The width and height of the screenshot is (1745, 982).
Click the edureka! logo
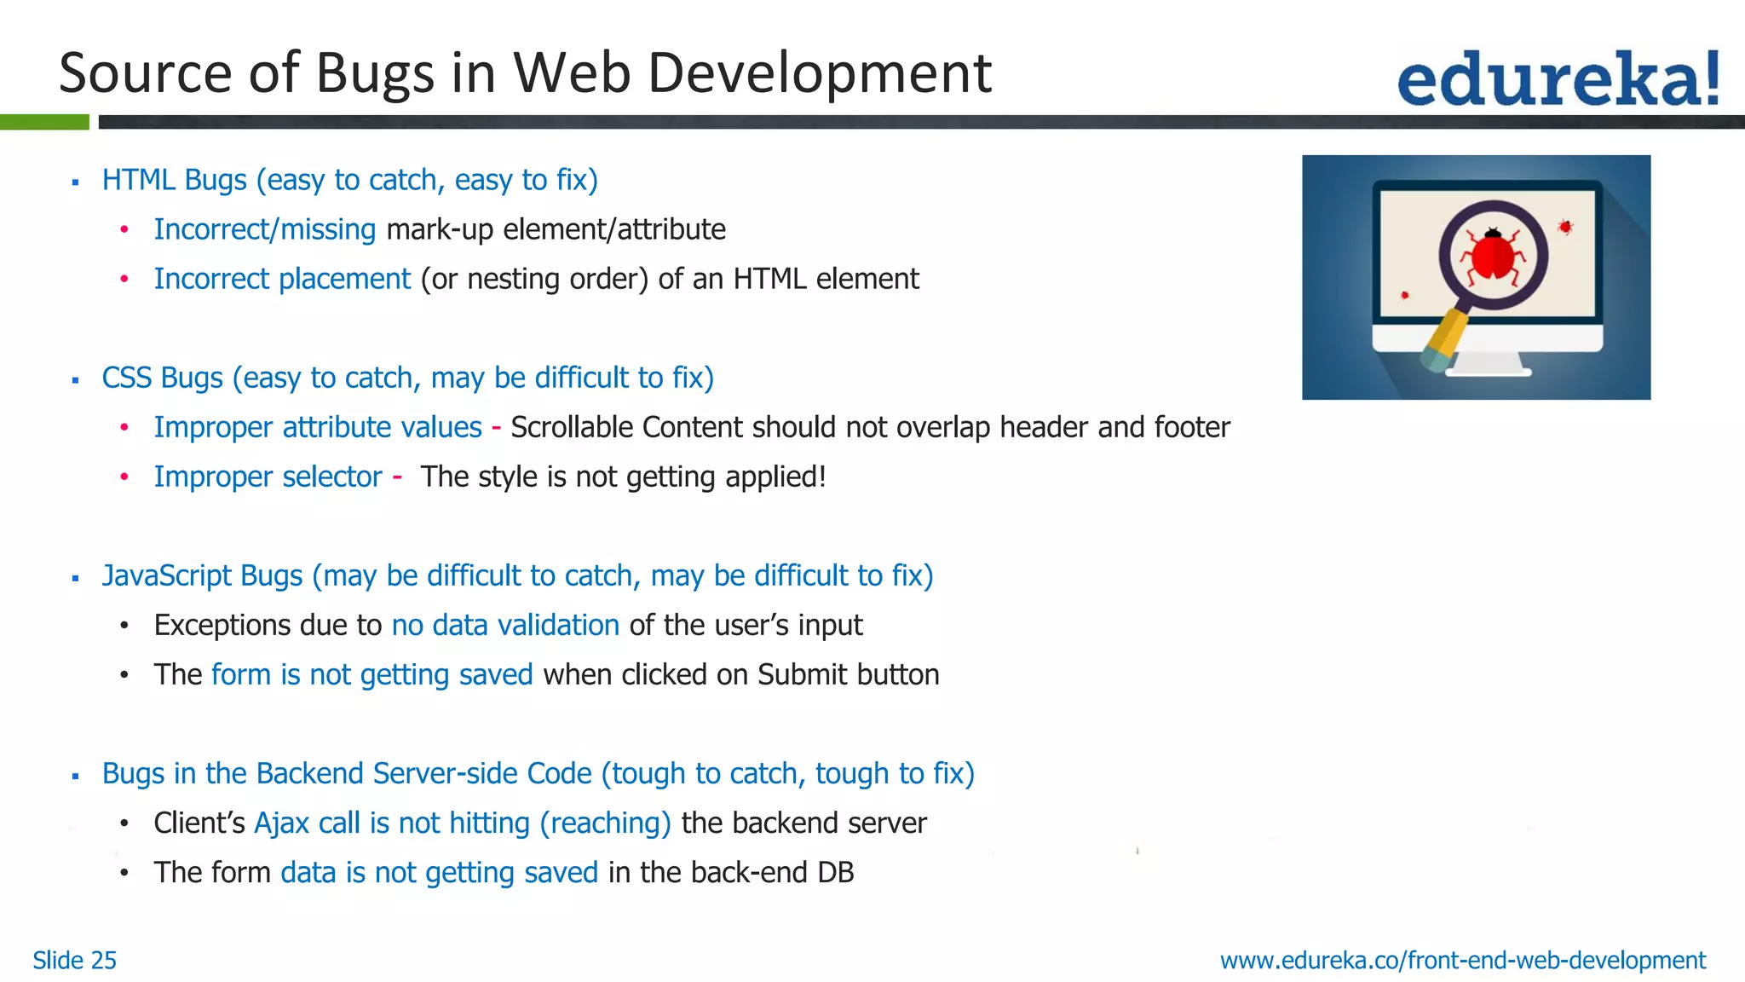click(1558, 79)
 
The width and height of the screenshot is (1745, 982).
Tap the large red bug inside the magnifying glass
click(1494, 256)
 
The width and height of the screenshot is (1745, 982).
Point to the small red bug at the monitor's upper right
click(1565, 227)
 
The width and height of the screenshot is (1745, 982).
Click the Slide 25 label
click(74, 961)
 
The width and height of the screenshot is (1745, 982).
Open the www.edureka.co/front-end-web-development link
click(1463, 961)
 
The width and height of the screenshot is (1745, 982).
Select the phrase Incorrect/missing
click(264, 230)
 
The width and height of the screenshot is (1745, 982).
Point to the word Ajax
click(281, 823)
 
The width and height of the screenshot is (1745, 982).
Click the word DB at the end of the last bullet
click(835, 873)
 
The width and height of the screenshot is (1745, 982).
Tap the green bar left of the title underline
click(44, 123)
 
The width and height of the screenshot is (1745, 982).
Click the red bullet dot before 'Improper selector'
click(124, 477)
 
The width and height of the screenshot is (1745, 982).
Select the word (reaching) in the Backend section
click(605, 823)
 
